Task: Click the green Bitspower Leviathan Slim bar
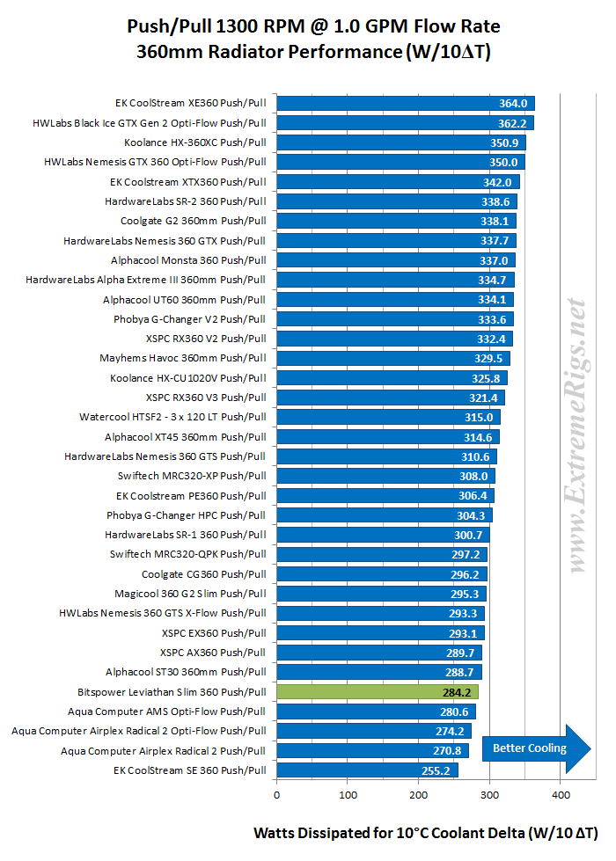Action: click(378, 692)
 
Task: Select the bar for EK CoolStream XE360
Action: click(406, 103)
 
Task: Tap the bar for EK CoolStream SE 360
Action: click(367, 770)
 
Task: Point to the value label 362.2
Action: click(510, 123)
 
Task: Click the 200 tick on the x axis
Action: click(418, 796)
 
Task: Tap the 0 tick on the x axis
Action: click(276, 796)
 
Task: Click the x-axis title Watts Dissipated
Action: click(425, 832)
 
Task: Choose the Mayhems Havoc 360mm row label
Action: click(183, 358)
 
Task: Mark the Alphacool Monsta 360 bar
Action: click(396, 260)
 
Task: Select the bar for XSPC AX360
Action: click(379, 653)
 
